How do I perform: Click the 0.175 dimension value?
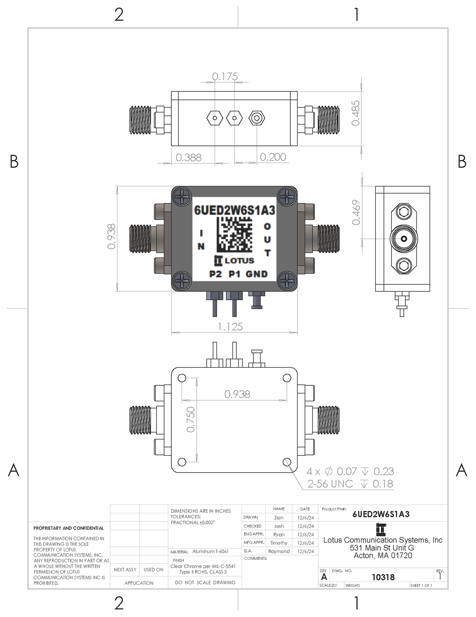[x=225, y=76]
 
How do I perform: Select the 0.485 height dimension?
[x=356, y=113]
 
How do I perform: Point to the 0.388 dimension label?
[x=188, y=157]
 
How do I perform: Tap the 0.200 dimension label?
[x=273, y=157]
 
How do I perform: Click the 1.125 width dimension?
[x=230, y=327]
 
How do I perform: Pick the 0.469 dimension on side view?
[x=356, y=212]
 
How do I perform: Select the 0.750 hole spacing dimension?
[x=191, y=419]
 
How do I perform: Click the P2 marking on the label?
[x=215, y=274]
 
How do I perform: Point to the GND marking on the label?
[x=257, y=274]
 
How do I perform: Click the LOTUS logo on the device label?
[x=234, y=261]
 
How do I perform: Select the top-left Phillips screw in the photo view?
[x=182, y=196]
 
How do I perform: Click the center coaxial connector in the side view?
[x=403, y=239]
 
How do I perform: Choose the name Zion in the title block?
[x=278, y=518]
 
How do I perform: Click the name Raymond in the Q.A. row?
[x=279, y=551]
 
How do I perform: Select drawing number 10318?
[x=383, y=577]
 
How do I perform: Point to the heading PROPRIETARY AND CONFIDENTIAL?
[x=68, y=528]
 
